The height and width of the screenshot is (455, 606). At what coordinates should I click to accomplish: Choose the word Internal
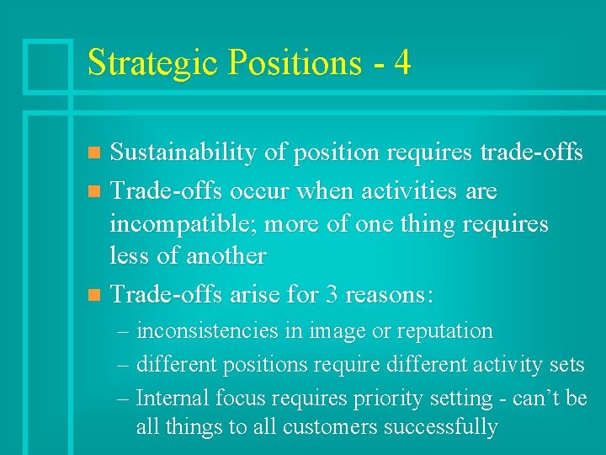tap(173, 398)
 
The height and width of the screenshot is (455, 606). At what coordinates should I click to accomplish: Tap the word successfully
tap(441, 427)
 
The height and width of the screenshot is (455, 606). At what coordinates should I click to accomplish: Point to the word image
tap(336, 332)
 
